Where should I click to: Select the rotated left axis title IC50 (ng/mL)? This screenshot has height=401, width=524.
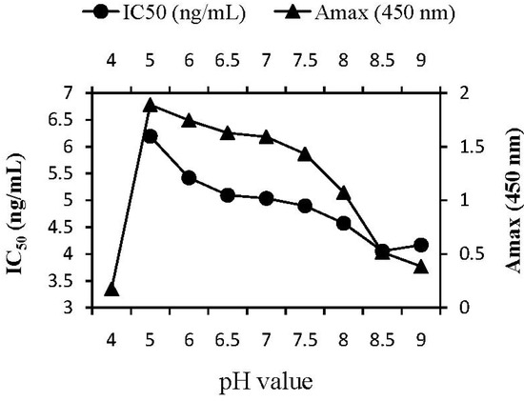click(x=16, y=199)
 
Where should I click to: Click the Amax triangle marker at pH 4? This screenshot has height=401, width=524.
click(x=111, y=290)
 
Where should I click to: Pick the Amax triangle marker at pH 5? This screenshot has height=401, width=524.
click(x=150, y=105)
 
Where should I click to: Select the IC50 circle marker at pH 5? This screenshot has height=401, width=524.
click(x=150, y=136)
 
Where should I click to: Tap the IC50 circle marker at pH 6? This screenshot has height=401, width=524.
click(x=189, y=178)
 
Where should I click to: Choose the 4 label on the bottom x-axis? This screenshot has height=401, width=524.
click(x=111, y=338)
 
